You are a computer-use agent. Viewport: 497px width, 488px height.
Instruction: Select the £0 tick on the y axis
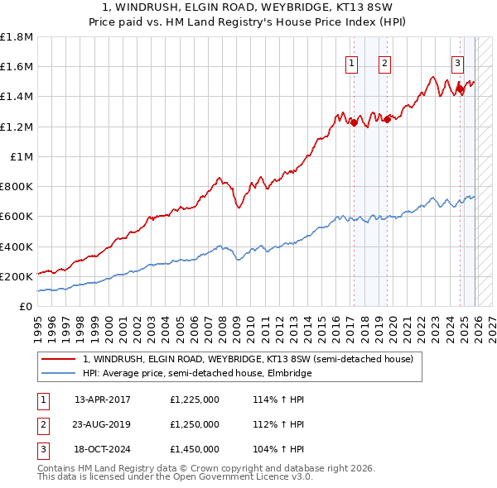(27, 306)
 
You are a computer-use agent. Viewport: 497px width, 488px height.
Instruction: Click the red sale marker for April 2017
(354, 123)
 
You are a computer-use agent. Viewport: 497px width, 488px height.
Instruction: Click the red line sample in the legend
(59, 359)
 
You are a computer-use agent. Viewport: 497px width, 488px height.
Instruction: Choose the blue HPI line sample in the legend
(59, 373)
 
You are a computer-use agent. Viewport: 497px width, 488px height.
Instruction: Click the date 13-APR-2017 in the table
(104, 399)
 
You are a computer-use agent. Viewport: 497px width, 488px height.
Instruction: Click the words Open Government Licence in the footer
(229, 477)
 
